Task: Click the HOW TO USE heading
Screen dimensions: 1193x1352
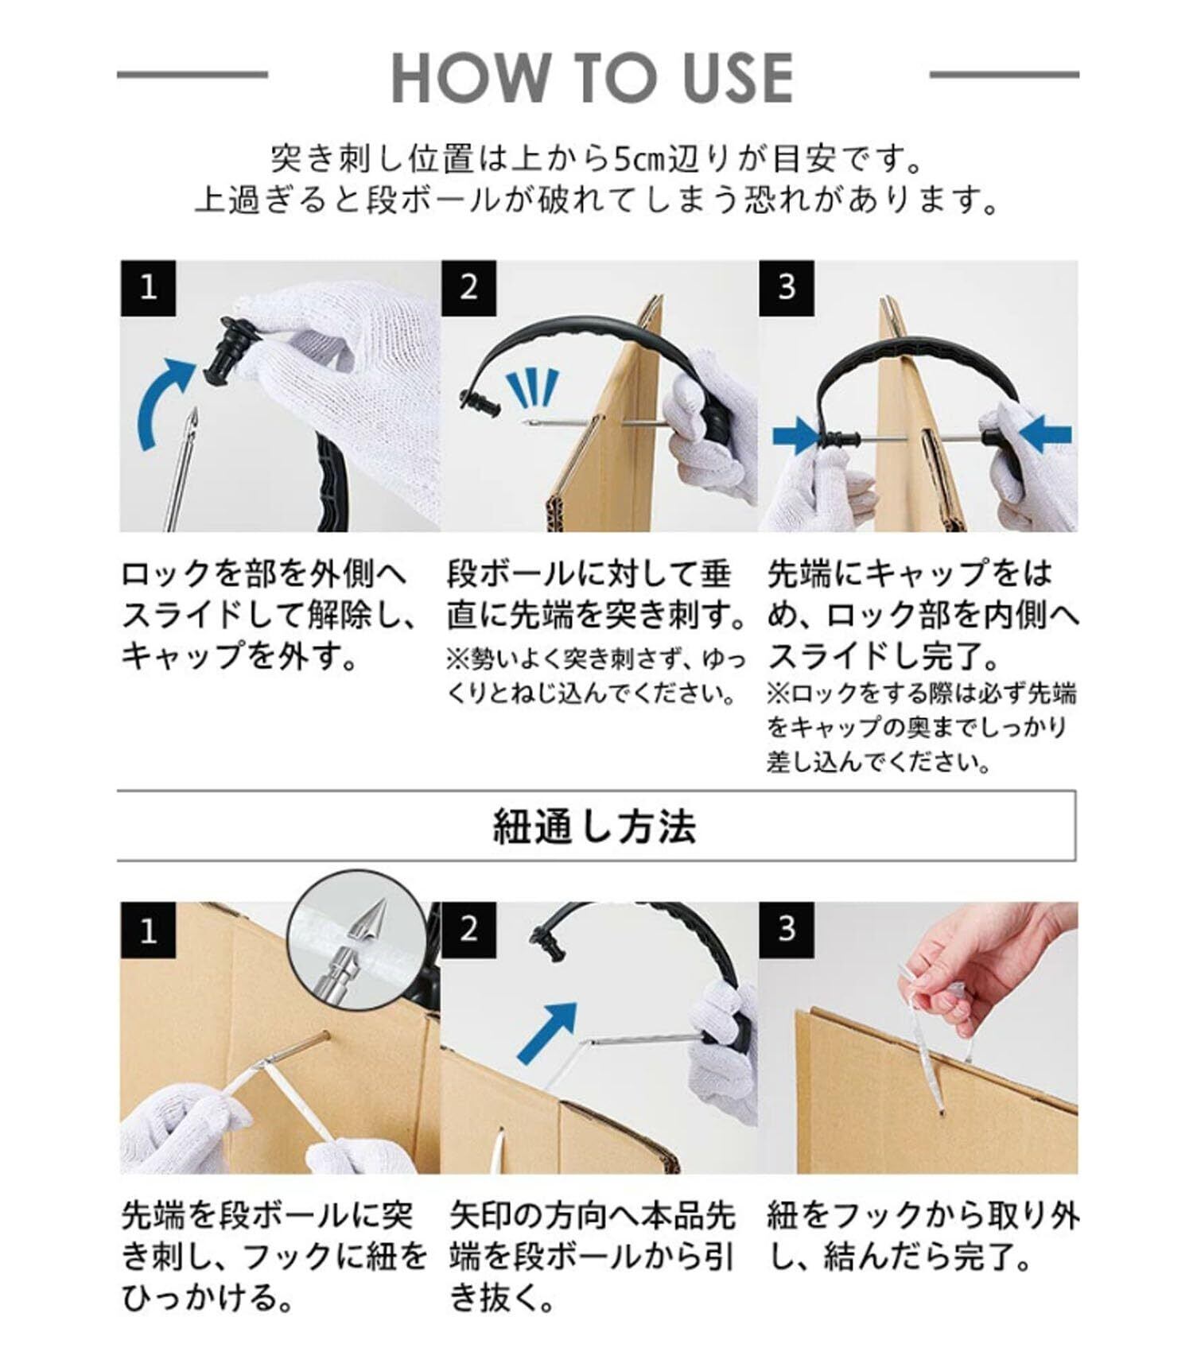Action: click(593, 77)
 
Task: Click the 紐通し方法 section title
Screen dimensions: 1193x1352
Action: click(595, 826)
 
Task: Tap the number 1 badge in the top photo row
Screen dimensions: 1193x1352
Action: click(148, 288)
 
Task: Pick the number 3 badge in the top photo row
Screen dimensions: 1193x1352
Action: click(787, 288)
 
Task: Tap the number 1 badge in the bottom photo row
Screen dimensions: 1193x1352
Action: click(148, 930)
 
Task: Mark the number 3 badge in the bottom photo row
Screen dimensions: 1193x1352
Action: click(787, 930)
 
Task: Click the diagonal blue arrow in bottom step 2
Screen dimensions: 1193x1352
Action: click(547, 1031)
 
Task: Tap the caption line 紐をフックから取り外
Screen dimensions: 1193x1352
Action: click(923, 1216)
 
